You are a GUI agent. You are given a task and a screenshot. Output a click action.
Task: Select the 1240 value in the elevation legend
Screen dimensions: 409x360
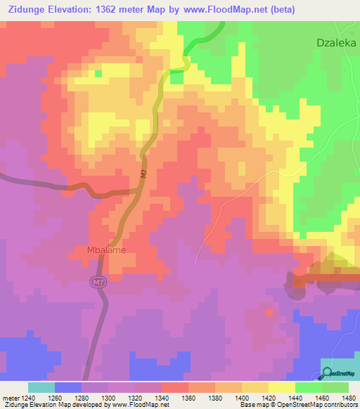click(25, 397)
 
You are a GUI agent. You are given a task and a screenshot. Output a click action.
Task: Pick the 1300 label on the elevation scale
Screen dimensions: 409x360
click(108, 397)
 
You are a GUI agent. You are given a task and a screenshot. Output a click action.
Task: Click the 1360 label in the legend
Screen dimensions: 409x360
click(188, 397)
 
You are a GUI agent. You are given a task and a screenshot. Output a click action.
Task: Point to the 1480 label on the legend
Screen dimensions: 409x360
click(349, 397)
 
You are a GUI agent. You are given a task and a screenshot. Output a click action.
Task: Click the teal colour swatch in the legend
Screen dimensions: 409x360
click(41, 387)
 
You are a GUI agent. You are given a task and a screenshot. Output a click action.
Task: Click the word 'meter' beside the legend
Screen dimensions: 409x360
click(8, 397)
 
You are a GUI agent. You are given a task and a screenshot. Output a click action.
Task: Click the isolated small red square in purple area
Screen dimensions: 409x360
click(269, 311)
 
